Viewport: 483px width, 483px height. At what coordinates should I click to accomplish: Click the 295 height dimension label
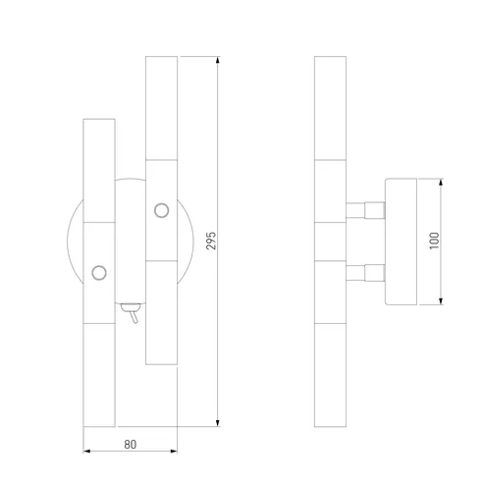(x=211, y=241)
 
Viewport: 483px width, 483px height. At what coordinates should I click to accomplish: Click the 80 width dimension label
(x=131, y=445)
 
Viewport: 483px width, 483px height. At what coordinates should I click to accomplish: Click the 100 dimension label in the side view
(x=434, y=241)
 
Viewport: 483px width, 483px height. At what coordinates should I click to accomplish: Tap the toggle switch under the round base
(x=132, y=313)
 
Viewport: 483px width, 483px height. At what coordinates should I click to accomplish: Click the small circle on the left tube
(x=99, y=273)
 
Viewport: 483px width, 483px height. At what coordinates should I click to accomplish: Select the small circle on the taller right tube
(x=162, y=210)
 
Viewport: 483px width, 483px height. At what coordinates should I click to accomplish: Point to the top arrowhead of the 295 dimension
(x=218, y=60)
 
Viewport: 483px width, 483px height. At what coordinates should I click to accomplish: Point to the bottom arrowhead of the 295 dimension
(x=218, y=423)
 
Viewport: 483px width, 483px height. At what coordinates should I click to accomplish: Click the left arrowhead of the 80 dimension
(x=87, y=452)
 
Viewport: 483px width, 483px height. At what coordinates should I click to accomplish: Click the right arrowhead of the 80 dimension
(x=174, y=452)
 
